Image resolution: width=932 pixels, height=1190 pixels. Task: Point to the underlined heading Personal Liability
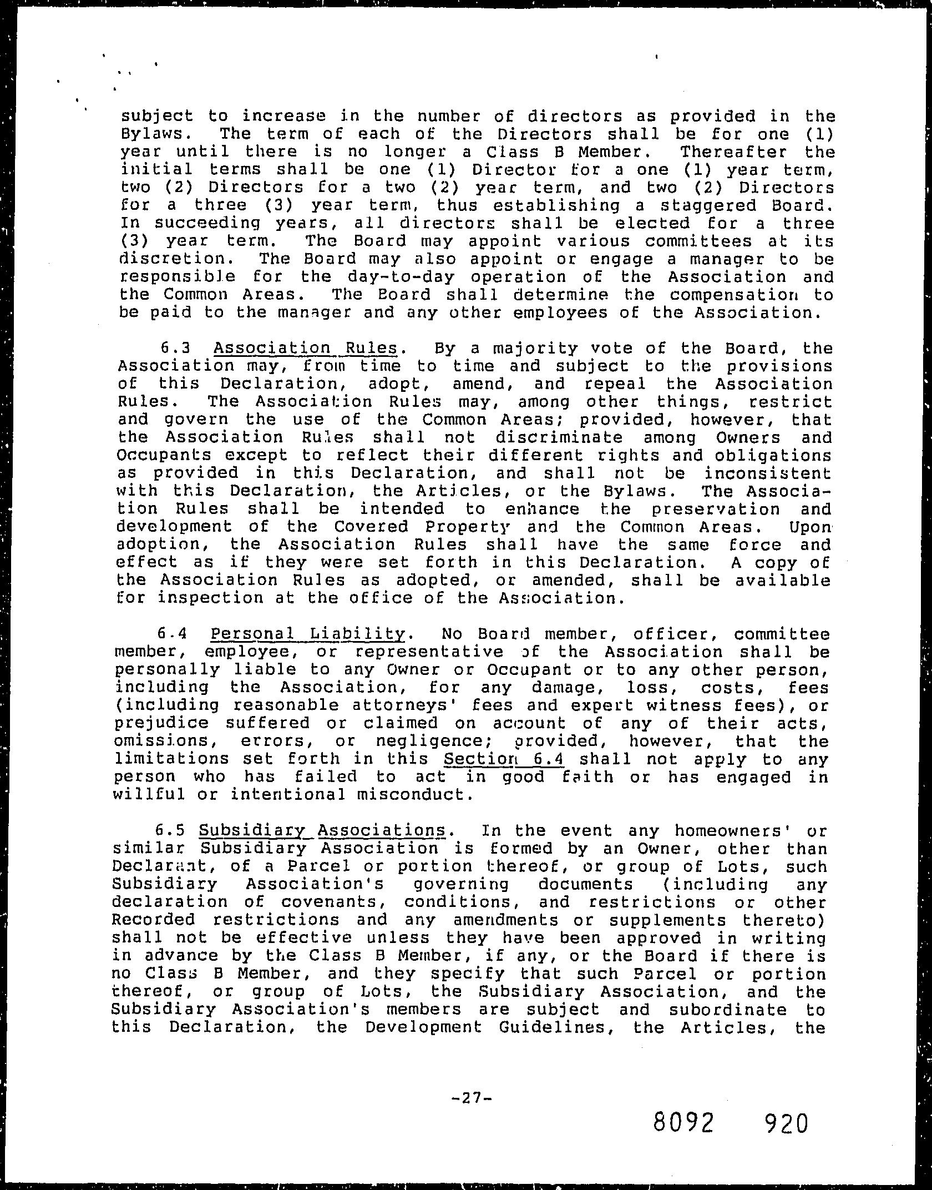(x=307, y=634)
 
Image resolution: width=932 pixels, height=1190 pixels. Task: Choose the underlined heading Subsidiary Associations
(x=322, y=831)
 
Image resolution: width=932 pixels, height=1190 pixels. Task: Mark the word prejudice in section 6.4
(x=161, y=723)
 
